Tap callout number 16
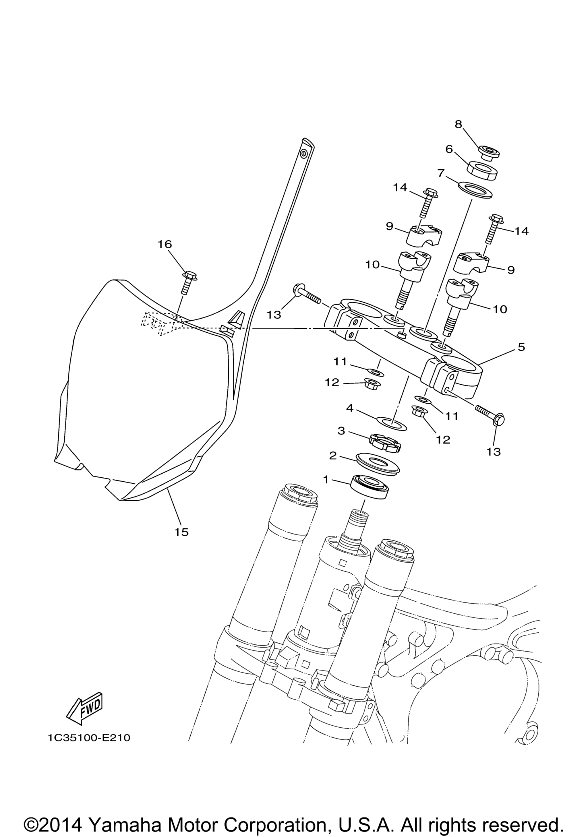[x=165, y=244]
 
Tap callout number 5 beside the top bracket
[x=521, y=347]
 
